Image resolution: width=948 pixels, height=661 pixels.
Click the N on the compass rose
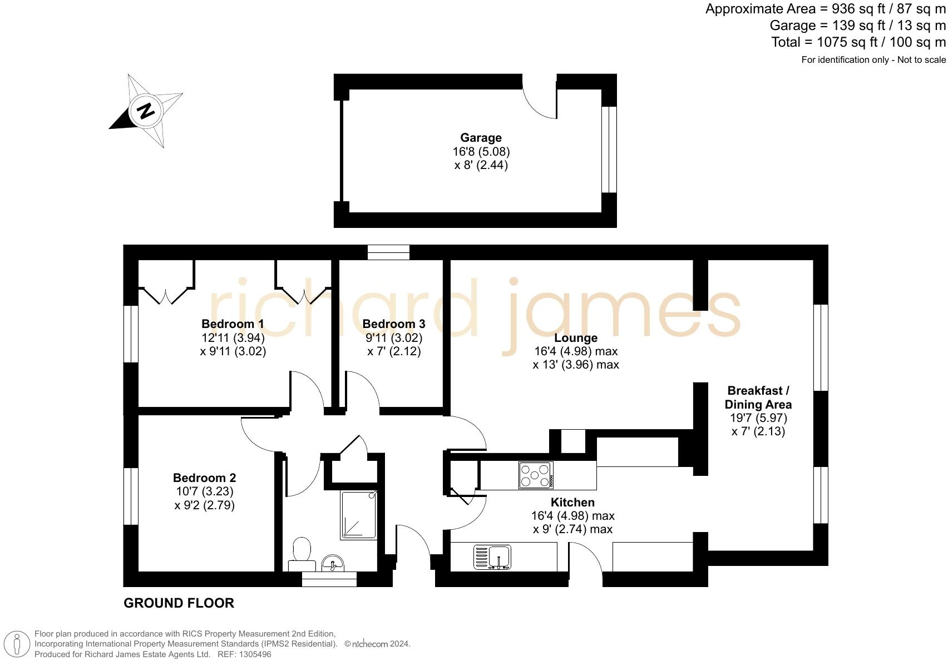(145, 111)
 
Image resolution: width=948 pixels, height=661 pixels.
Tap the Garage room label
(481, 138)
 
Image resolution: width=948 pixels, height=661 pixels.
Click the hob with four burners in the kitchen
(535, 475)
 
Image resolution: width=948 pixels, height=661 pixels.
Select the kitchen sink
(492, 557)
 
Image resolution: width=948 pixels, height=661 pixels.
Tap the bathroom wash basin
(333, 564)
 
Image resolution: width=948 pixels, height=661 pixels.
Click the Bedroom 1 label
(233, 324)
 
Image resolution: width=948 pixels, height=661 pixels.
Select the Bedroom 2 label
(204, 478)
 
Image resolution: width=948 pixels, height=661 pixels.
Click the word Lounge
(576, 338)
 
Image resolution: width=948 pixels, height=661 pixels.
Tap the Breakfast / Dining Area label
(758, 397)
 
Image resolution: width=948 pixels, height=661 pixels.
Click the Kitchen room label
(572, 502)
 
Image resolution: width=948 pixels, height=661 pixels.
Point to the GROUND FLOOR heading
(179, 603)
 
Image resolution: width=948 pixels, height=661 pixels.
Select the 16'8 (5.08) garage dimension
(481, 151)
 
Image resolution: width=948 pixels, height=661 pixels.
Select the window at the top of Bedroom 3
(388, 252)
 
